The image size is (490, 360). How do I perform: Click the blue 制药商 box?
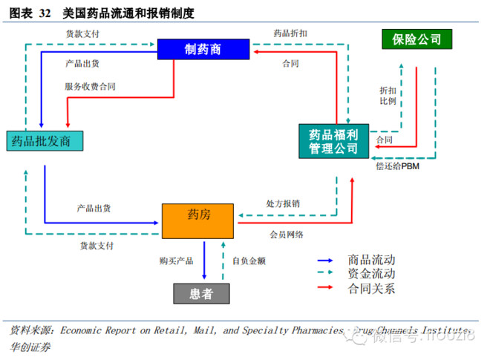coord(203,50)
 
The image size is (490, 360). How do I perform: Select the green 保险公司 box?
coord(416,39)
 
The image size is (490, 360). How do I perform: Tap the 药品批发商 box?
coord(42,140)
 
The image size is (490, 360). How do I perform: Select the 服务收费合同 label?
coord(90,87)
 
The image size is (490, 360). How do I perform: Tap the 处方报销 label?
coord(283,203)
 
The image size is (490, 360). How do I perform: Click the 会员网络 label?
coord(287,235)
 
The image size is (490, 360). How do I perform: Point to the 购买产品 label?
coord(177,261)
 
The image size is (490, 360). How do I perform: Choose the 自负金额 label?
coord(249,261)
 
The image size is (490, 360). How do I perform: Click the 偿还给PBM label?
coord(399,166)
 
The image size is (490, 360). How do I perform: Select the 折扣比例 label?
coord(388,94)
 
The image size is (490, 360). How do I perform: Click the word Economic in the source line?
coord(83,330)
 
